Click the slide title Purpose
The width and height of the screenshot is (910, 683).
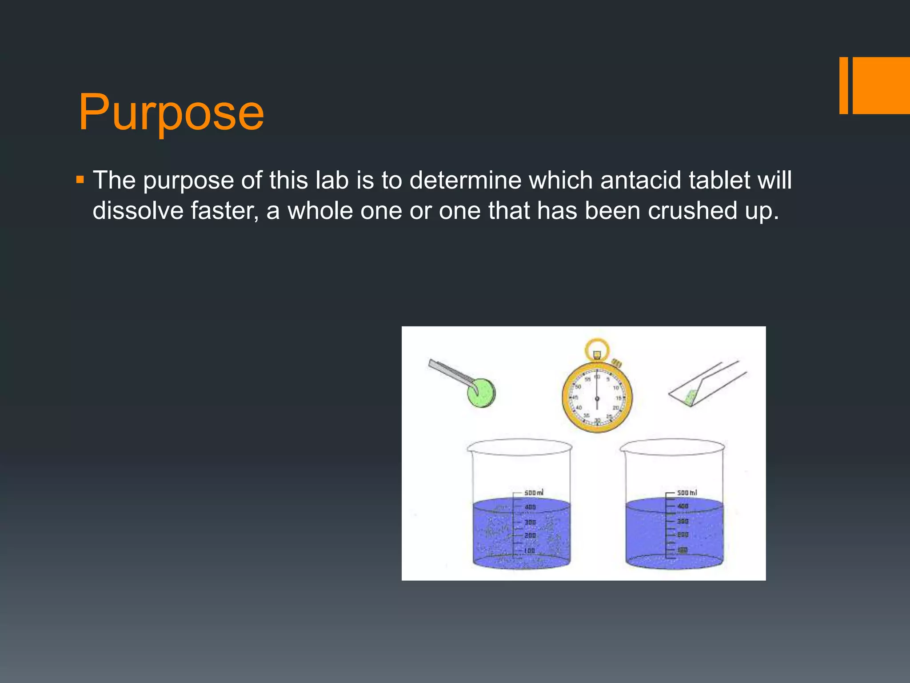coord(171,112)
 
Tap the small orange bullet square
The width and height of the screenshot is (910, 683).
coord(80,180)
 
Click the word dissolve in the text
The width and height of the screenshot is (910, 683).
coord(138,210)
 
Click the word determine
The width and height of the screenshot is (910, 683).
coord(465,180)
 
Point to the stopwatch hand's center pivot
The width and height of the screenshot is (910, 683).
coord(597,398)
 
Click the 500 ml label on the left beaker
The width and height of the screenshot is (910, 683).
coord(533,493)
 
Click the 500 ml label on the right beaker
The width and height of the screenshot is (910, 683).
coord(686,493)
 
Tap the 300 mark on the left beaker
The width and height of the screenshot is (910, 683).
coord(530,522)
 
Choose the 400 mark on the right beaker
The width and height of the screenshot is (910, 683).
coord(682,506)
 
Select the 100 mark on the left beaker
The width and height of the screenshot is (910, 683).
coord(529,550)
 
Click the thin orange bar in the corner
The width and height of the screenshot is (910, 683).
coord(843,85)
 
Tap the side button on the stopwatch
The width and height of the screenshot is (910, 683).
coord(616,363)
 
